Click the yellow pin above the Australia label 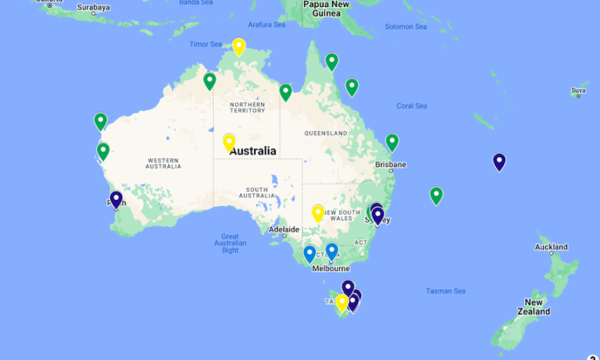point(229,141)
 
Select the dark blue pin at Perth point(116,199)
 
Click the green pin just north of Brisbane point(392,142)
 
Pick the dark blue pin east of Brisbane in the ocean point(499,162)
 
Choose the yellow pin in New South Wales point(318,212)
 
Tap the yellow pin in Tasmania point(341,302)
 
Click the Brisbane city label point(391,165)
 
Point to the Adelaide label point(284,230)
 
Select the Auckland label point(551,248)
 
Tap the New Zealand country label point(534,307)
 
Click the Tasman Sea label point(445,291)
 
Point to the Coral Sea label point(412,106)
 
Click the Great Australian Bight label point(230,244)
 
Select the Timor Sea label point(205,45)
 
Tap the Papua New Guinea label point(327,8)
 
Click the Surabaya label point(94,8)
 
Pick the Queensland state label point(325,134)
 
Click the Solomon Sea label point(405,27)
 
